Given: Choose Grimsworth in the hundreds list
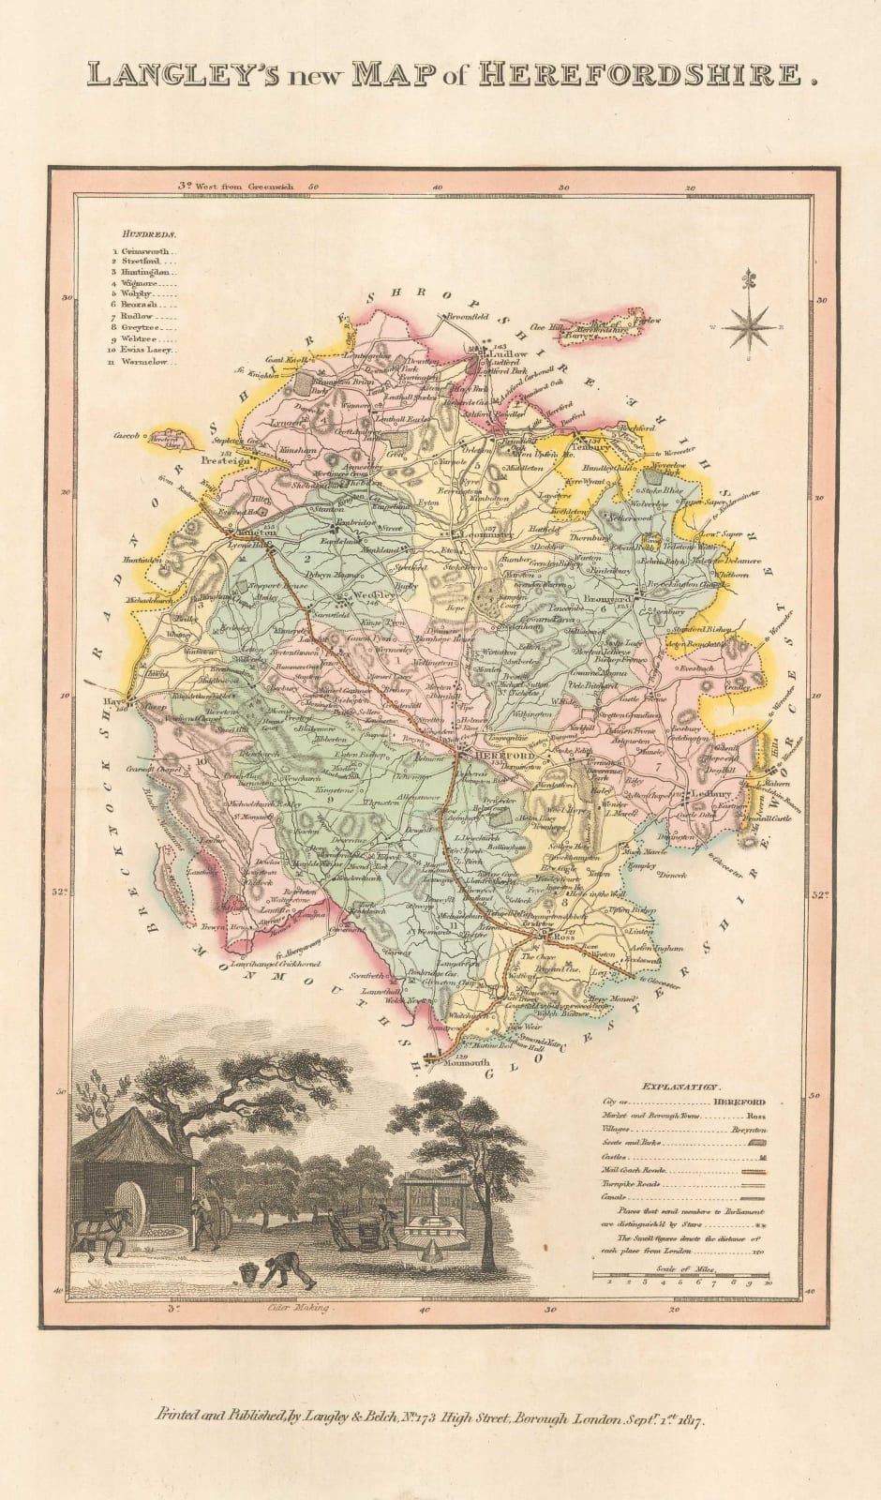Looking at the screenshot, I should click(x=147, y=252).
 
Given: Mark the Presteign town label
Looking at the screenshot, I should click(x=226, y=461).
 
